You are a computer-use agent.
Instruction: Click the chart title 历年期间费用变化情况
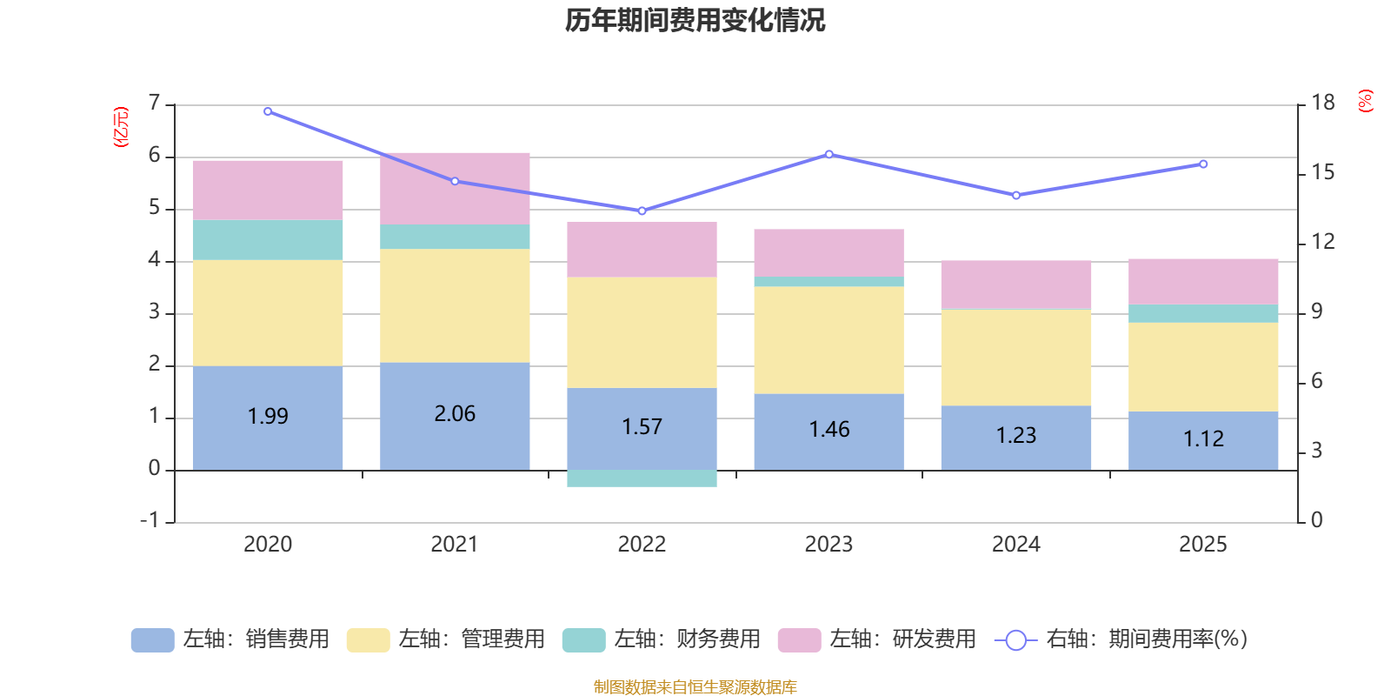[695, 20]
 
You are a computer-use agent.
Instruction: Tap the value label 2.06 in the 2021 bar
[455, 414]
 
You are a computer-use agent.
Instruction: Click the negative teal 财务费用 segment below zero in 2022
[642, 478]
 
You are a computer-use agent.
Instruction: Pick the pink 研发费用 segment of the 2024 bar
[1015, 284]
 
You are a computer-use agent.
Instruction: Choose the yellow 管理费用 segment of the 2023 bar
[829, 340]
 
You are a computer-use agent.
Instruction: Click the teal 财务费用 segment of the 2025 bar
[1203, 313]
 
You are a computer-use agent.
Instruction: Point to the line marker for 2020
[268, 111]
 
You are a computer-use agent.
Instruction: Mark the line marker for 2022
[642, 211]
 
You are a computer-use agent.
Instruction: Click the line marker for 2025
[1203, 164]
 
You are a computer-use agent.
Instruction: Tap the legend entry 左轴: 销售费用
[231, 639]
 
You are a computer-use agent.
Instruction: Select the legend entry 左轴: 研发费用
[878, 639]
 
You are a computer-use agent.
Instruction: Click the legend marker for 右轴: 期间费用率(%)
[1015, 640]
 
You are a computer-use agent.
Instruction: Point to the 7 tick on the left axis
[155, 104]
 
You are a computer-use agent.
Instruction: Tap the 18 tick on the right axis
[1323, 103]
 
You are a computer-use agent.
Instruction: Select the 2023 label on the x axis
[829, 545]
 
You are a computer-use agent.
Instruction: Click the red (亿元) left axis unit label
[121, 127]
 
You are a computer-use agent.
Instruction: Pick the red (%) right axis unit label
[1366, 101]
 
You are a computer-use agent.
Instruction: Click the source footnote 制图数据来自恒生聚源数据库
[695, 687]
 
